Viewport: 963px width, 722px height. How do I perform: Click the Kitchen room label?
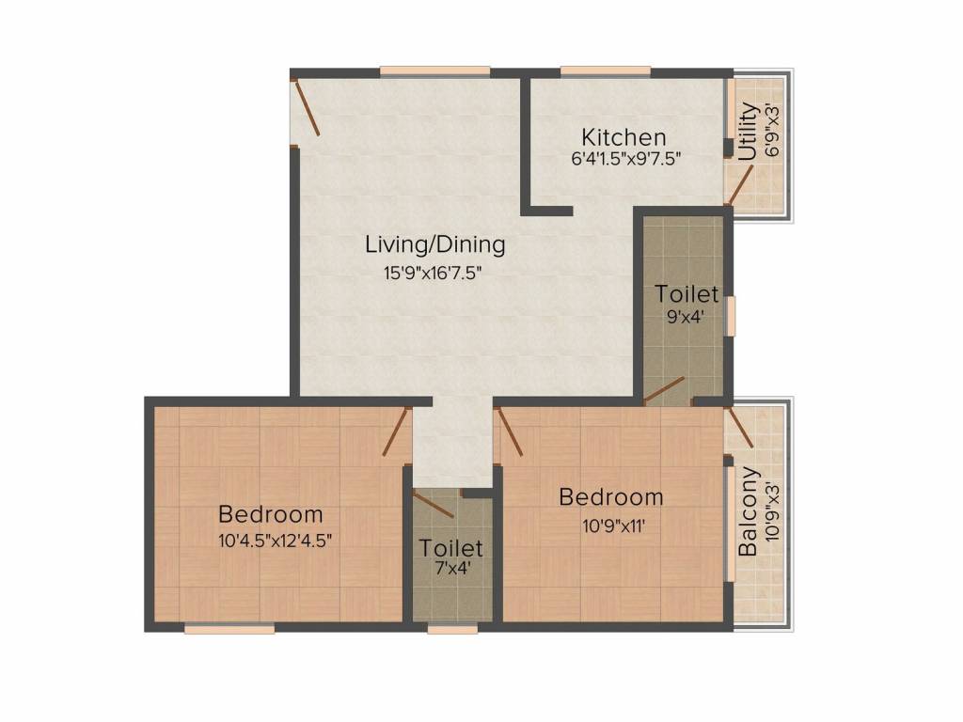click(x=624, y=137)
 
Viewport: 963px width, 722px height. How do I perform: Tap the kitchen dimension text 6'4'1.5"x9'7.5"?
click(x=625, y=159)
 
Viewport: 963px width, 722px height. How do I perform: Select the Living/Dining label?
click(x=435, y=244)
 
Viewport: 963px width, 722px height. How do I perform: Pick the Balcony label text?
click(x=749, y=511)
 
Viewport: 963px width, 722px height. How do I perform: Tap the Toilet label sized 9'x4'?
click(x=687, y=294)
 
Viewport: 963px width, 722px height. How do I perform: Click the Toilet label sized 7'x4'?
click(x=451, y=547)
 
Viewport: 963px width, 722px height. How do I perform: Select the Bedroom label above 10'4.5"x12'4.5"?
click(x=271, y=514)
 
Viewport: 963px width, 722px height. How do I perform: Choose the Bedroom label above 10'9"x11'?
click(x=611, y=496)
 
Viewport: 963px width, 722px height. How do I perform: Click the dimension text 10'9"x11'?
click(x=611, y=525)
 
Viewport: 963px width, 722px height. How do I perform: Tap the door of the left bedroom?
click(x=396, y=432)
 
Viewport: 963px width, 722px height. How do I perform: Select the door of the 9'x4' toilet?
click(x=664, y=389)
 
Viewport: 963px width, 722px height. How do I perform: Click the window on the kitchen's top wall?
click(x=606, y=71)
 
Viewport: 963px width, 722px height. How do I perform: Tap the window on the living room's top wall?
click(x=434, y=71)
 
